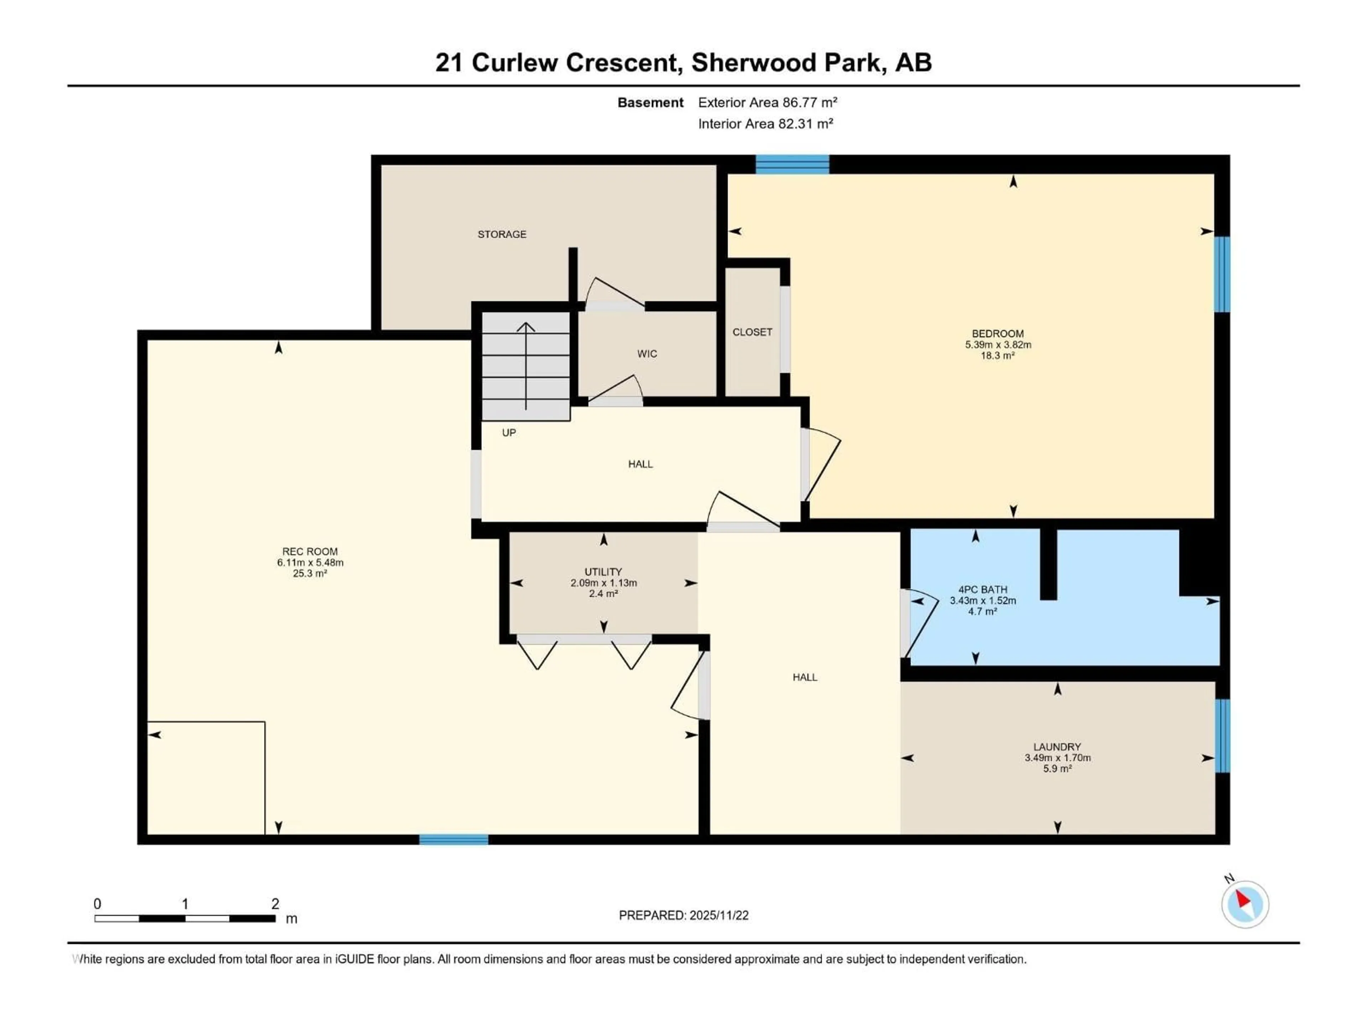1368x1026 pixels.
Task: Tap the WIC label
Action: (647, 354)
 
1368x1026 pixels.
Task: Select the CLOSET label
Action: (752, 332)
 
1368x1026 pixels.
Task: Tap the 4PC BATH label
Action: (982, 589)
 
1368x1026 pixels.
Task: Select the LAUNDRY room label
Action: (1057, 746)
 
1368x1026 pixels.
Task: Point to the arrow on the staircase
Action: (526, 365)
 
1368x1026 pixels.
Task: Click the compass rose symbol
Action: (1245, 904)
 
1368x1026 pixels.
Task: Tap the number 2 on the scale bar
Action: (275, 903)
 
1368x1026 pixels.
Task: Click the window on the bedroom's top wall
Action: (792, 165)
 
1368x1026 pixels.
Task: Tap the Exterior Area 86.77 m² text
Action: (767, 103)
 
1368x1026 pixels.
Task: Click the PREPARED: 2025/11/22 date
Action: (683, 915)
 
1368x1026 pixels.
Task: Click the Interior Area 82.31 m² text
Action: (765, 124)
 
